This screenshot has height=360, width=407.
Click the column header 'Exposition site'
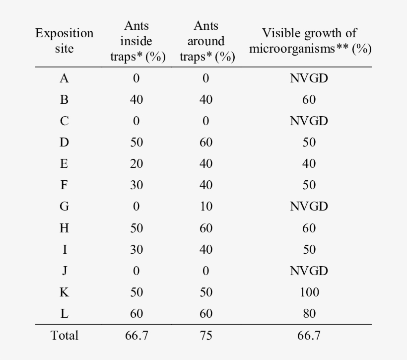[x=65, y=41]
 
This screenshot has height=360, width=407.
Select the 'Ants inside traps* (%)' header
[x=136, y=41]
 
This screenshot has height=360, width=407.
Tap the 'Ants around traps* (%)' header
[x=206, y=41]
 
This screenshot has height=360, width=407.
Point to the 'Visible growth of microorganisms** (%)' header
[x=309, y=41]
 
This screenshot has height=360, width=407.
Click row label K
[x=65, y=292]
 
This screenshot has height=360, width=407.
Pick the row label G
[x=65, y=206]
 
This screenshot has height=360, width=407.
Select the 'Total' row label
[x=65, y=335]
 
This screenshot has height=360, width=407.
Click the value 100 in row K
[x=309, y=292]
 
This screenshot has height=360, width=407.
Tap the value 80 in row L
[x=309, y=313]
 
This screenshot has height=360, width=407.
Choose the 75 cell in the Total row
[x=206, y=335]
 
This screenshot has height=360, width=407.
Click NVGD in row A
[x=309, y=78]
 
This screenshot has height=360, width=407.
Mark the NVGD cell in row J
[x=309, y=271]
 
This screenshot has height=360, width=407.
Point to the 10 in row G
[x=206, y=206]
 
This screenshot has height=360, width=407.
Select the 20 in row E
[x=136, y=163]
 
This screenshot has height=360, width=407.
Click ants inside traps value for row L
[x=136, y=313]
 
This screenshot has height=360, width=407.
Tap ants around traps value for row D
[x=206, y=142]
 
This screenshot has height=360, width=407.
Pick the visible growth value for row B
[x=309, y=100]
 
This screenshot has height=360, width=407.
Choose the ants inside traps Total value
[x=136, y=335]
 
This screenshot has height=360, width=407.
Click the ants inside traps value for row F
[x=136, y=185]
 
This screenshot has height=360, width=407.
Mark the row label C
[x=65, y=121]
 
